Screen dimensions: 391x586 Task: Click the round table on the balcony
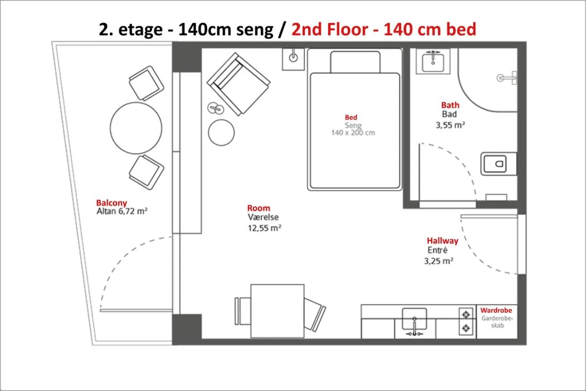[x=136, y=128]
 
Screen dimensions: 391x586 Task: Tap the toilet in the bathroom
[x=498, y=164]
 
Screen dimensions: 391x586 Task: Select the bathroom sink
[x=433, y=61]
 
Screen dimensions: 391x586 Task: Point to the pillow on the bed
[x=355, y=62]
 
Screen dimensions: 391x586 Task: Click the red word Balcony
[x=112, y=203]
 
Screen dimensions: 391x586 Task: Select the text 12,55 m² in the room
[x=264, y=228]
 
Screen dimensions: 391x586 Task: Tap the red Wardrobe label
[x=496, y=310]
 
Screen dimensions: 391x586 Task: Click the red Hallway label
[x=442, y=241]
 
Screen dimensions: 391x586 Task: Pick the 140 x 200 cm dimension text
[x=353, y=133]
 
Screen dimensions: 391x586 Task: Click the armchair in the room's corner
[x=238, y=83]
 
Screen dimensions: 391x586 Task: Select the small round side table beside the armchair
[x=221, y=132]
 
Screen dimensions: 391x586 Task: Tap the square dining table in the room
[x=277, y=311]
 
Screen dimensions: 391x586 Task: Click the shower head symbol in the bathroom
[x=506, y=78]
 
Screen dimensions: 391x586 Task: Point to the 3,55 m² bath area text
[x=450, y=125]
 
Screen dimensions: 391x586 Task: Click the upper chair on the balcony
[x=147, y=83]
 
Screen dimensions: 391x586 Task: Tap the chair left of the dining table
[x=242, y=311]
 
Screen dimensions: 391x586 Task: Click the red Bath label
[x=450, y=105]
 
